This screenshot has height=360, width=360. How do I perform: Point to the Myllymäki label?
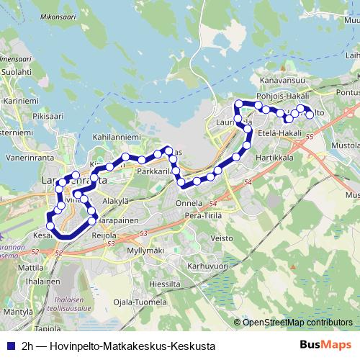pyautogui.click(x=145, y=250)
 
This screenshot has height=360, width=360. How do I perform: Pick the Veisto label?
pyautogui.click(x=222, y=238)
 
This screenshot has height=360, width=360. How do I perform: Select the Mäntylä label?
pyautogui.click(x=19, y=312)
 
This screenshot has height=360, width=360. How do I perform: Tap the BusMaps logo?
pyautogui.click(x=325, y=344)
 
